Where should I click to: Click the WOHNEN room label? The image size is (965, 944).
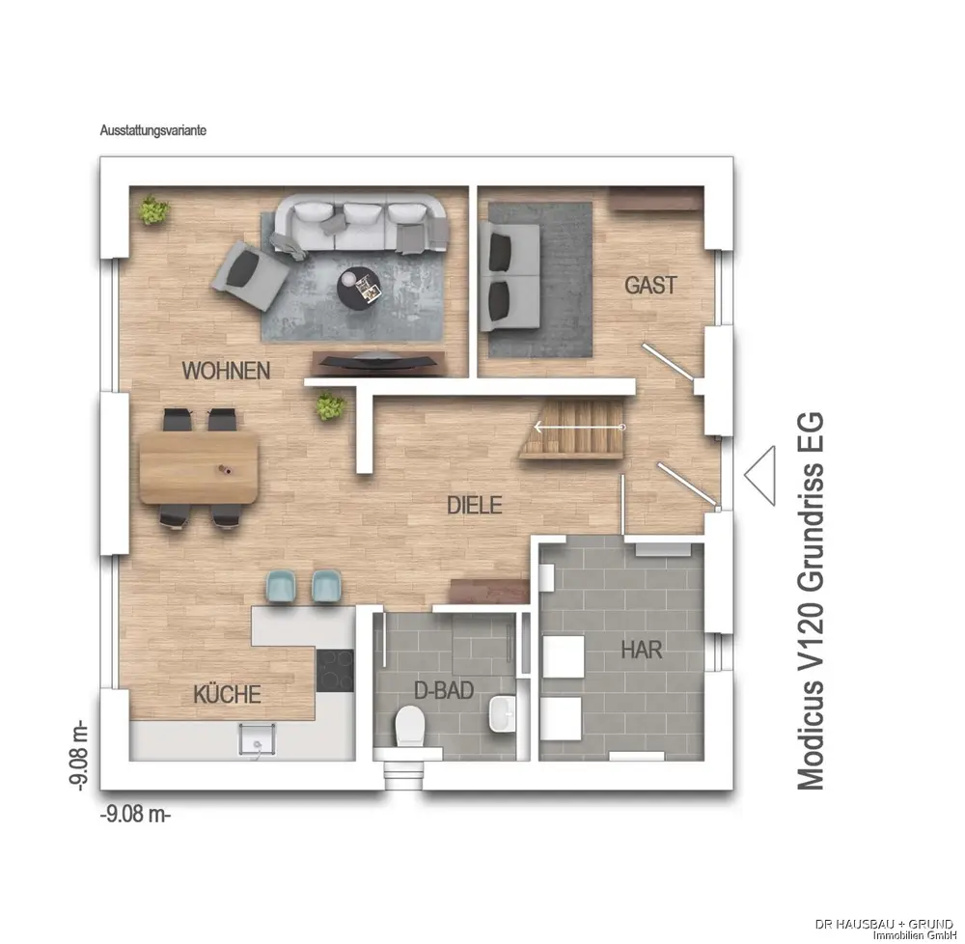pos(226,371)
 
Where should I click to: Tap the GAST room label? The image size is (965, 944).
pos(650,285)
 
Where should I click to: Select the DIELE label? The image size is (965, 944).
pos(474,505)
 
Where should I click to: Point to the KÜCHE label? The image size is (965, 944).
pos(227,694)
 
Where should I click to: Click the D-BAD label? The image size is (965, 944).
pos(444,690)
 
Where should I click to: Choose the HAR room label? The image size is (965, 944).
pos(642,650)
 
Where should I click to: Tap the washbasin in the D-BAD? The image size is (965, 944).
pos(502,713)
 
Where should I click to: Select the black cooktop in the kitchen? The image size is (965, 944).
pos(335,670)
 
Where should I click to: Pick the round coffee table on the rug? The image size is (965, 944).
pos(359,288)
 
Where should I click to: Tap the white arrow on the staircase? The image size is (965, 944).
pos(579,427)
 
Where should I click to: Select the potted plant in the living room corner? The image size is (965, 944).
pos(152,210)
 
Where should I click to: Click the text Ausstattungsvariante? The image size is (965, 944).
pos(153,130)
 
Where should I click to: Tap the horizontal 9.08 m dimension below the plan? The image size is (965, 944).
pos(135,814)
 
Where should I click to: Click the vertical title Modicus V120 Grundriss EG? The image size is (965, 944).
pos(811,600)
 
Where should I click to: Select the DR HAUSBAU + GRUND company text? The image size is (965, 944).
pos(884,925)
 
